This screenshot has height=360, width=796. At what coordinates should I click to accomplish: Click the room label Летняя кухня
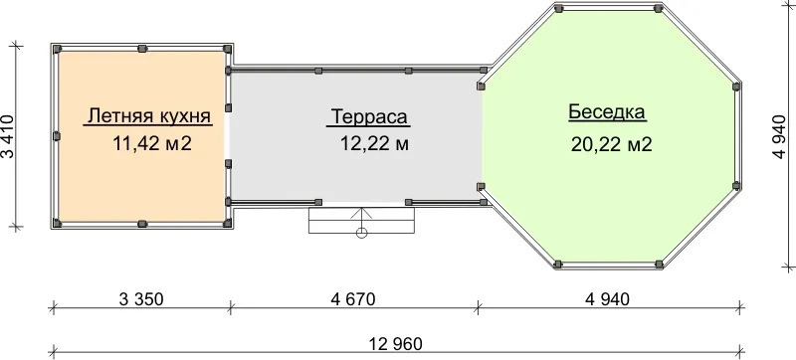click(x=148, y=116)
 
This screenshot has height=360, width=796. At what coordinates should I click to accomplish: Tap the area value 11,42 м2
click(x=152, y=143)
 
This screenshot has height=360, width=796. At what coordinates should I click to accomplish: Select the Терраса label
click(x=369, y=116)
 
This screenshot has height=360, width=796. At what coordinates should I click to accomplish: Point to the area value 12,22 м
click(x=374, y=144)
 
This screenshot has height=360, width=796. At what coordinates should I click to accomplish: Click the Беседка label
click(x=607, y=111)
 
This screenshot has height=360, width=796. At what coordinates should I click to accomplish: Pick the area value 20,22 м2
click(x=611, y=144)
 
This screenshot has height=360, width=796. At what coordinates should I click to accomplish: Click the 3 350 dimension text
click(x=141, y=299)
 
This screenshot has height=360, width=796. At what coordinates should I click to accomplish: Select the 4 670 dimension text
click(x=353, y=299)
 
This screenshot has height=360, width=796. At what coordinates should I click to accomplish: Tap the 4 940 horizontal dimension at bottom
click(x=607, y=299)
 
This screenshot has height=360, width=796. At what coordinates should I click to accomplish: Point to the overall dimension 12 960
click(x=396, y=344)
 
